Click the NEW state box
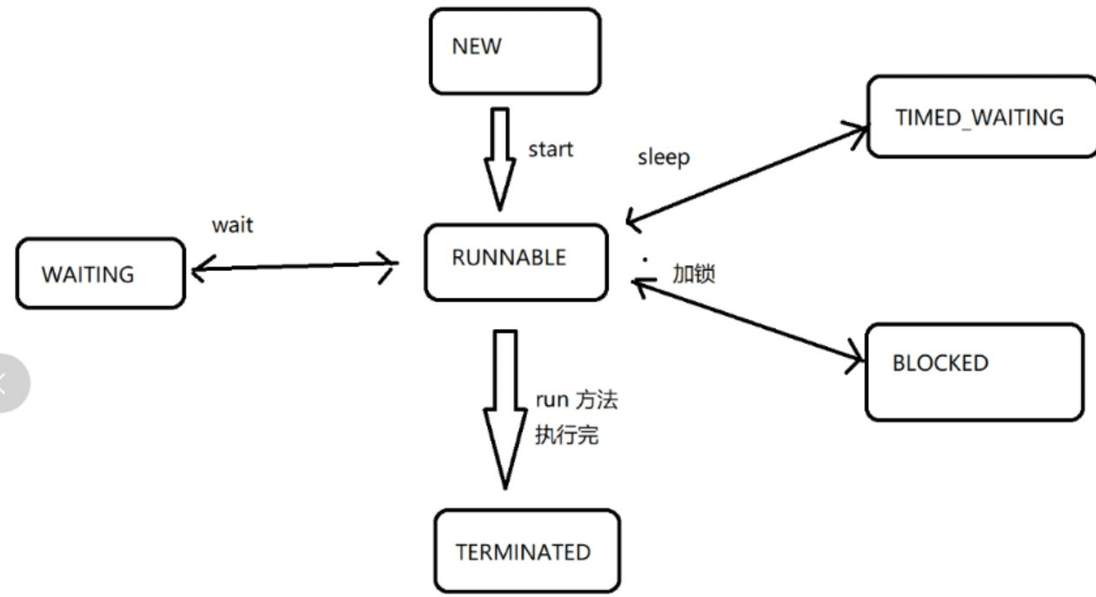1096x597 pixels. [515, 51]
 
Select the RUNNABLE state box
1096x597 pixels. [516, 262]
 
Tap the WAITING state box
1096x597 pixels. [101, 274]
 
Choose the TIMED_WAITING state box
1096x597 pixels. [980, 116]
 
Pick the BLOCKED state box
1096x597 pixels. [974, 371]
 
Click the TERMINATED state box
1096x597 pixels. [527, 552]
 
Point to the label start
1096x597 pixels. [551, 149]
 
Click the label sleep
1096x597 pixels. [663, 157]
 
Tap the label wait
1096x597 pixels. [232, 225]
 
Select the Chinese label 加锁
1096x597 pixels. [693, 273]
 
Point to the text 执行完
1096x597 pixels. [566, 434]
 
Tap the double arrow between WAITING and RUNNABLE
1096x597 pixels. [293, 267]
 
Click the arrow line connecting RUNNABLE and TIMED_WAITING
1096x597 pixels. [746, 175]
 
